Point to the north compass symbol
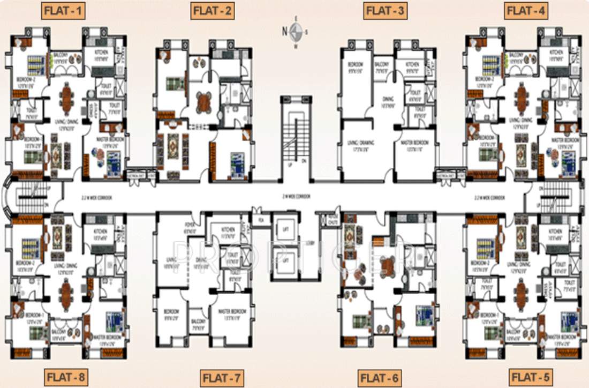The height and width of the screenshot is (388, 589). pyautogui.click(x=296, y=32)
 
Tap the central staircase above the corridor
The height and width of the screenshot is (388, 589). pyautogui.click(x=295, y=131)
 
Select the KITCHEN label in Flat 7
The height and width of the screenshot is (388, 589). pyautogui.click(x=227, y=232)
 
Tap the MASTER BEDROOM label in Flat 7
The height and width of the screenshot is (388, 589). pyautogui.click(x=232, y=311)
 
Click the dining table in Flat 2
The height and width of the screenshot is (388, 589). pyautogui.click(x=204, y=101)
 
